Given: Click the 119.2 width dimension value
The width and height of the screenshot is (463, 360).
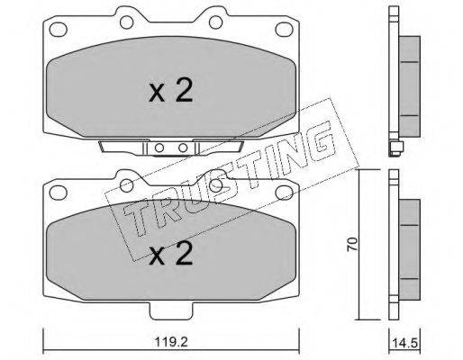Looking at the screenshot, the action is pyautogui.click(x=171, y=341).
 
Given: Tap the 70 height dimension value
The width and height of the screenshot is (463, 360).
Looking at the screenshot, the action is pyautogui.click(x=352, y=244).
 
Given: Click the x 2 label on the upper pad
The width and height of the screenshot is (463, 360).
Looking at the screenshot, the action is pyautogui.click(x=170, y=89).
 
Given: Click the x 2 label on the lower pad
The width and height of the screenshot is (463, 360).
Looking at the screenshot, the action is pyautogui.click(x=170, y=253).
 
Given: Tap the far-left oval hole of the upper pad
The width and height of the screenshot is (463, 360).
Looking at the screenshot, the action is pyautogui.click(x=58, y=30).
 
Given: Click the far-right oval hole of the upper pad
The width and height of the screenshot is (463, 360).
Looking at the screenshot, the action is pyautogui.click(x=284, y=30).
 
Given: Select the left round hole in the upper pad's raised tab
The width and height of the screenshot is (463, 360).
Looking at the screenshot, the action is pyautogui.click(x=126, y=22).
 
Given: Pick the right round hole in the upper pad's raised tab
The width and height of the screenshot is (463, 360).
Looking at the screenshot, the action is pyautogui.click(x=215, y=22).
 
